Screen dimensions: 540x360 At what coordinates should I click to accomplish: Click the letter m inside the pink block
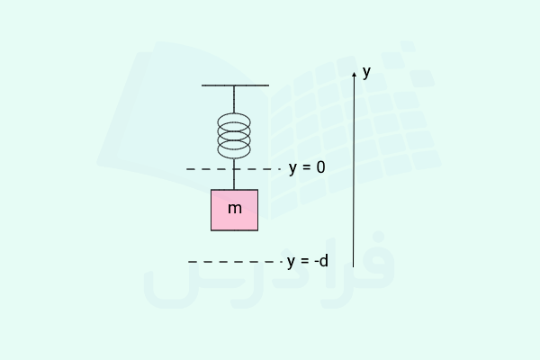click(235, 209)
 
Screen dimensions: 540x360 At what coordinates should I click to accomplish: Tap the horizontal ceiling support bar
click(235, 85)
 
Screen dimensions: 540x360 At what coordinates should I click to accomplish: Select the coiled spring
click(234, 136)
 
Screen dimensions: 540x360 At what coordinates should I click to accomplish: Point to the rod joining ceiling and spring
click(234, 99)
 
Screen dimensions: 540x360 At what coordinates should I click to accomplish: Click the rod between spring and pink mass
click(234, 174)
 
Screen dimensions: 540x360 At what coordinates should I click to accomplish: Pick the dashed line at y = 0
click(233, 169)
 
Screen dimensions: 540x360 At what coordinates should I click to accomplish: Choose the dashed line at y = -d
click(235, 262)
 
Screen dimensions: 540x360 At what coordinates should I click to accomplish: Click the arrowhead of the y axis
click(354, 75)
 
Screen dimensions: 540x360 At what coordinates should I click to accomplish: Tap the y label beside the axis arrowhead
click(367, 73)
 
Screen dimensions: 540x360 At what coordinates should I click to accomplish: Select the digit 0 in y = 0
click(320, 167)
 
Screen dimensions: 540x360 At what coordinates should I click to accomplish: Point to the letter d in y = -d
click(324, 261)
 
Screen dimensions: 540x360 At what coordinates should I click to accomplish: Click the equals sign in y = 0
click(305, 167)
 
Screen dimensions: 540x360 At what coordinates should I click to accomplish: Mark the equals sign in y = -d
click(304, 261)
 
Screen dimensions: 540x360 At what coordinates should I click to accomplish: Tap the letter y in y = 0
click(292, 169)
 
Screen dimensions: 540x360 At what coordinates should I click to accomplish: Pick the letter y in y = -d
click(292, 263)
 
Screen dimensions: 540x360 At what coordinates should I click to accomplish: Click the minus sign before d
click(317, 263)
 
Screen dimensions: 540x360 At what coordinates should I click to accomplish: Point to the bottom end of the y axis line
click(353, 267)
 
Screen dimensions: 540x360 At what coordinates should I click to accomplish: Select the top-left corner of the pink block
click(211, 190)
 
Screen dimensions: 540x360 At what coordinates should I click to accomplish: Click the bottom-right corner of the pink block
click(258, 230)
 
